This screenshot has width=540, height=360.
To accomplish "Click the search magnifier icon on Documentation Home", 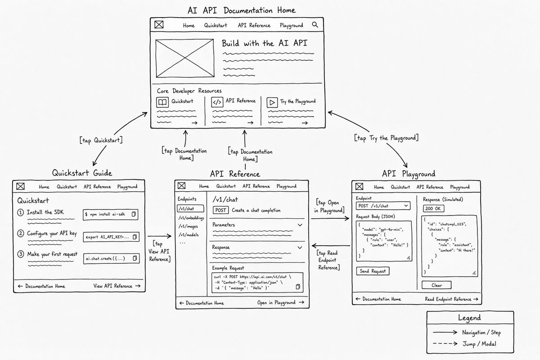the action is (315, 25).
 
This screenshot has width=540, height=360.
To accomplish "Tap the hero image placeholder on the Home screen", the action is (184, 58).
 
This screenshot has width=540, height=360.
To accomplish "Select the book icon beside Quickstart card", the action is (162, 102).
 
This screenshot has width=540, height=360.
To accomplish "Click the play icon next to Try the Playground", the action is (272, 103).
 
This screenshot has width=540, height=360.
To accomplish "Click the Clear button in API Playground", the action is (436, 285).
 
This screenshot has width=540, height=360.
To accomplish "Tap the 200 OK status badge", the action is (433, 208).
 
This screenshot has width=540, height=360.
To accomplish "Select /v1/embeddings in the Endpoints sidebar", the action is (191, 218).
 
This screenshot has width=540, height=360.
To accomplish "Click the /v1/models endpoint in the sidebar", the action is (189, 234).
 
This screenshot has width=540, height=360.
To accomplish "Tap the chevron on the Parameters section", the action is (300, 225).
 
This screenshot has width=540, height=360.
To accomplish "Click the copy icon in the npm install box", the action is (134, 214).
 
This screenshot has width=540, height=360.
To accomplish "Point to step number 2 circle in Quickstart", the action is (21, 234).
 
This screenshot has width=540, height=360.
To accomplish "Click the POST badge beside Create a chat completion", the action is (220, 210).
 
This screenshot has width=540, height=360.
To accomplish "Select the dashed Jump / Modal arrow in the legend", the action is (445, 344).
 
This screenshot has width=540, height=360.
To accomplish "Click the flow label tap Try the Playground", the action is (387, 138).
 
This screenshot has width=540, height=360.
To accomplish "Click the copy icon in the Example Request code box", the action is (298, 287).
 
